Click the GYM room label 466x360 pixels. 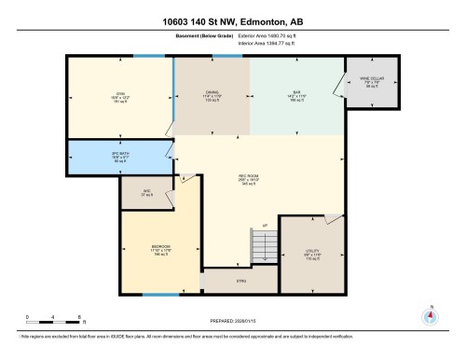point(120,95)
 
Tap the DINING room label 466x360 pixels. point(212,95)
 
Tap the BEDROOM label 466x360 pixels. point(160,249)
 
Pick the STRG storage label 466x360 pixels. point(240,279)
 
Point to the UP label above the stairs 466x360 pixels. point(265,227)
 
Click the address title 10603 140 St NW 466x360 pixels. point(232,22)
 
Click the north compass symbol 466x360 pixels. point(430,315)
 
